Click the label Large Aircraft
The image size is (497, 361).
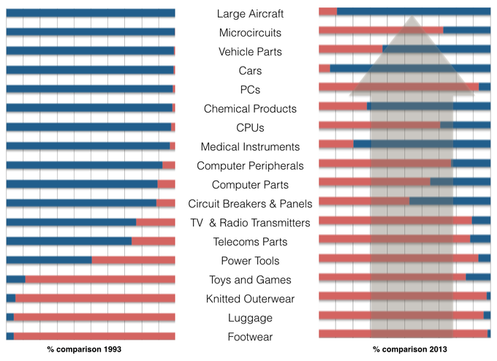click(x=250, y=14)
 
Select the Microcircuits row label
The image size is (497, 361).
click(x=250, y=33)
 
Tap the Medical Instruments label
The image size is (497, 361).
click(x=250, y=147)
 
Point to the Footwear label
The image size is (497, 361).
click(x=250, y=337)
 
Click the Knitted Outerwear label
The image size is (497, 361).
click(x=250, y=299)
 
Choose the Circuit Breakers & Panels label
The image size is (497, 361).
click(x=250, y=204)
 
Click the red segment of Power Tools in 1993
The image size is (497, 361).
click(x=133, y=260)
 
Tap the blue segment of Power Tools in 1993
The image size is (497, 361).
click(x=48, y=260)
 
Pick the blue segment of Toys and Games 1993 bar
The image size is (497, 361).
click(x=15, y=279)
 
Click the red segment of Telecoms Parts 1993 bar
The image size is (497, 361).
click(x=153, y=241)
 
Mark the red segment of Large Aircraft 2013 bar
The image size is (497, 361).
click(x=327, y=11)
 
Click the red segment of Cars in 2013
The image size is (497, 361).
click(x=324, y=68)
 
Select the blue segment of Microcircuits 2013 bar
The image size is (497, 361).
click(x=466, y=30)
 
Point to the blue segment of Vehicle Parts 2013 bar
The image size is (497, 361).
click(x=436, y=49)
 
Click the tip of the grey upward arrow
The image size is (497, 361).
click(x=411, y=17)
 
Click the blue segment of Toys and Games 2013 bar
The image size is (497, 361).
click(x=478, y=277)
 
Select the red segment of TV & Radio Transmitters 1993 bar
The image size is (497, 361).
click(x=155, y=222)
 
